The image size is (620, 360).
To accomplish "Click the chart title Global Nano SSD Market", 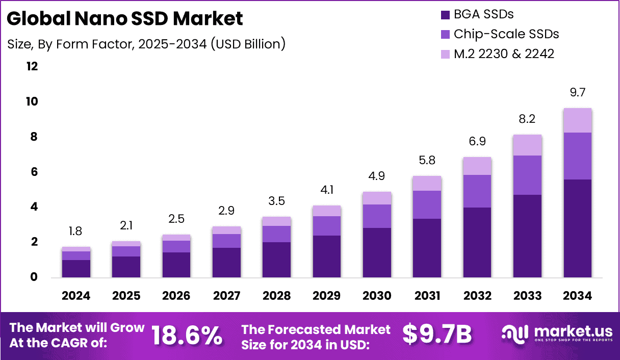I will tap(125, 18).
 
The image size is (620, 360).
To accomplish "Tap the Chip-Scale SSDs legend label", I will tap(506, 34).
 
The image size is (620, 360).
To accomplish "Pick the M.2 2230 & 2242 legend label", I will tap(504, 54).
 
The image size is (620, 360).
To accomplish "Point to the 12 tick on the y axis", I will tap(32, 66).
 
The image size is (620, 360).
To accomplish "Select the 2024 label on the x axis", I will tap(76, 296).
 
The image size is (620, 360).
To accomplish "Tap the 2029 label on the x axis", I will tap(326, 296).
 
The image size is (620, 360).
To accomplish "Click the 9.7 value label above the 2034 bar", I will tap(577, 92).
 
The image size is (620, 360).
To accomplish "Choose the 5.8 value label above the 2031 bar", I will tap(427, 161).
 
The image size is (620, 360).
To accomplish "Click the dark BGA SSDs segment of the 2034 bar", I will tap(577, 228).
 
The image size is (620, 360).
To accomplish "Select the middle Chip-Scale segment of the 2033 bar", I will tap(527, 175).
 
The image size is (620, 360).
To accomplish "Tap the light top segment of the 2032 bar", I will tap(477, 166).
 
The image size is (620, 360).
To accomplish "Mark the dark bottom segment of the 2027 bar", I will tap(226, 263).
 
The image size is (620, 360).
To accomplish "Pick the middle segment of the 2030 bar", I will tap(376, 216).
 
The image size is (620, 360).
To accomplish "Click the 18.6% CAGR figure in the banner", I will tap(187, 335).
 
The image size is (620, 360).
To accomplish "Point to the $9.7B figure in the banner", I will tap(437, 334).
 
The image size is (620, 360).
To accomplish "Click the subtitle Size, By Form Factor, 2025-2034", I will tap(146, 44).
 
